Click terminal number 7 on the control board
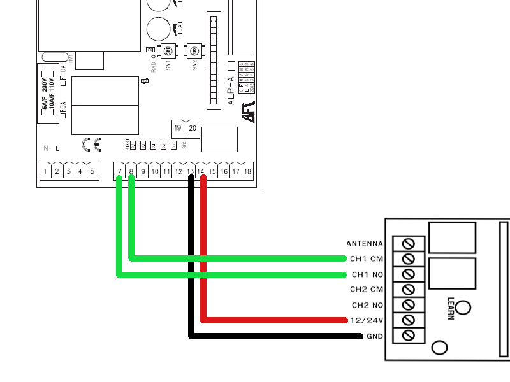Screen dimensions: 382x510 click(119, 171)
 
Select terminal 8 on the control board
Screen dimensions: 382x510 click(131, 171)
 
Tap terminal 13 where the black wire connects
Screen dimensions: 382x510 click(189, 171)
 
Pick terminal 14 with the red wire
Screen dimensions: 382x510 click(201, 171)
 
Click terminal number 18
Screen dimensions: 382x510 click(247, 171)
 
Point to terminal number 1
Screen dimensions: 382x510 click(45, 171)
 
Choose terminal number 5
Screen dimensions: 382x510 click(92, 171)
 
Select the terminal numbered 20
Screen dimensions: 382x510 click(192, 127)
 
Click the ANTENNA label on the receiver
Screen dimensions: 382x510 click(364, 244)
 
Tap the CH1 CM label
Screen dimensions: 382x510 click(367, 259)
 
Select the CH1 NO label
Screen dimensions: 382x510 click(367, 274)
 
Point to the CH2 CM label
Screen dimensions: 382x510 click(367, 290)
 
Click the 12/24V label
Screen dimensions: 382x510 click(367, 320)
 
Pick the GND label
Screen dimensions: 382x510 click(374, 336)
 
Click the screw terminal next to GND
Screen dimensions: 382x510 click(409, 336)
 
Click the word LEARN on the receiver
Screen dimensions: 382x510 click(450, 308)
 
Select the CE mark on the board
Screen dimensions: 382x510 click(91, 144)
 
